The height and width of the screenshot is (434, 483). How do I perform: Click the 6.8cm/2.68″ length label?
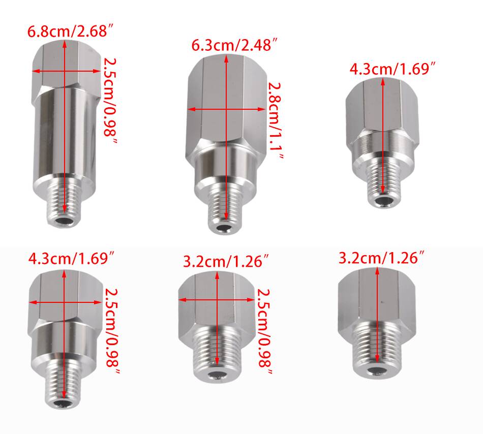click(x=71, y=32)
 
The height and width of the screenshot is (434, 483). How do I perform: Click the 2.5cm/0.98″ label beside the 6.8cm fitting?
click(x=110, y=101)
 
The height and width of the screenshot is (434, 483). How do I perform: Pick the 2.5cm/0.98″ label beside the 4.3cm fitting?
click(x=112, y=330)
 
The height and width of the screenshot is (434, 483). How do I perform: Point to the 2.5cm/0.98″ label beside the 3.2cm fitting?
click(x=264, y=331)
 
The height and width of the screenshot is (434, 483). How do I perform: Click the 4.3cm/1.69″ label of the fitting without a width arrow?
click(x=393, y=69)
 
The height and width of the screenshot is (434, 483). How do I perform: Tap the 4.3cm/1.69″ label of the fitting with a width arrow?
click(x=72, y=258)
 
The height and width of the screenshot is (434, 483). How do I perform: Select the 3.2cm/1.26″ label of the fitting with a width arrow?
click(x=226, y=262)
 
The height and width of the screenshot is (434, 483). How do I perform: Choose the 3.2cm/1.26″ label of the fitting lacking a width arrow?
click(x=382, y=258)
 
